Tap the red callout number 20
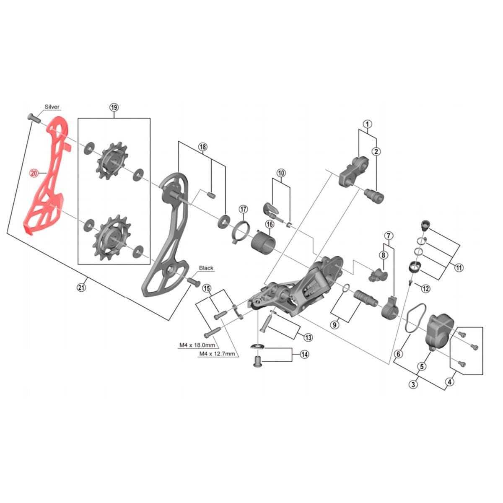pos(34,172)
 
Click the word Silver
pos(52,107)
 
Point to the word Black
pos(206,268)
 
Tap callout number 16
pos(269,224)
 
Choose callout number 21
pos(81,287)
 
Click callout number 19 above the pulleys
pos(114,107)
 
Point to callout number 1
pos(367,124)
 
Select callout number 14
pos(304,355)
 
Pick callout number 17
pos(244,209)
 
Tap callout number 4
pos(450,381)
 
